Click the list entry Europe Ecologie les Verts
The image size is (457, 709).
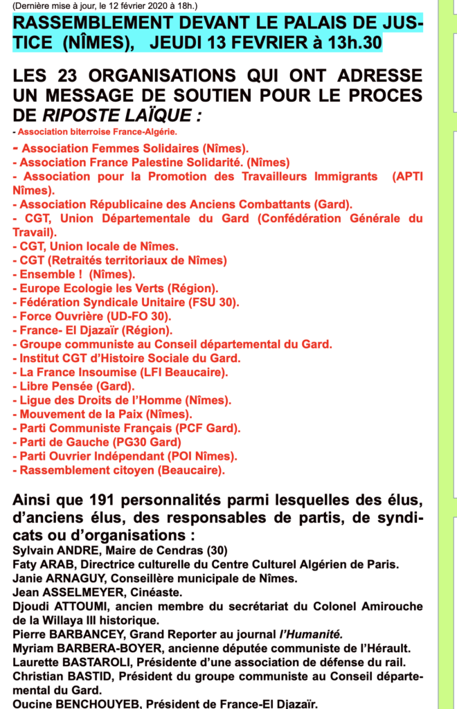(118, 288)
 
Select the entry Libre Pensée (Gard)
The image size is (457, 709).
(76, 386)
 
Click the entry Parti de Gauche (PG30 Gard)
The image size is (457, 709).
(100, 442)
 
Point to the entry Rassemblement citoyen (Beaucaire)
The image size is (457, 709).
(121, 471)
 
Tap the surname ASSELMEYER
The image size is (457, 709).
(77, 592)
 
